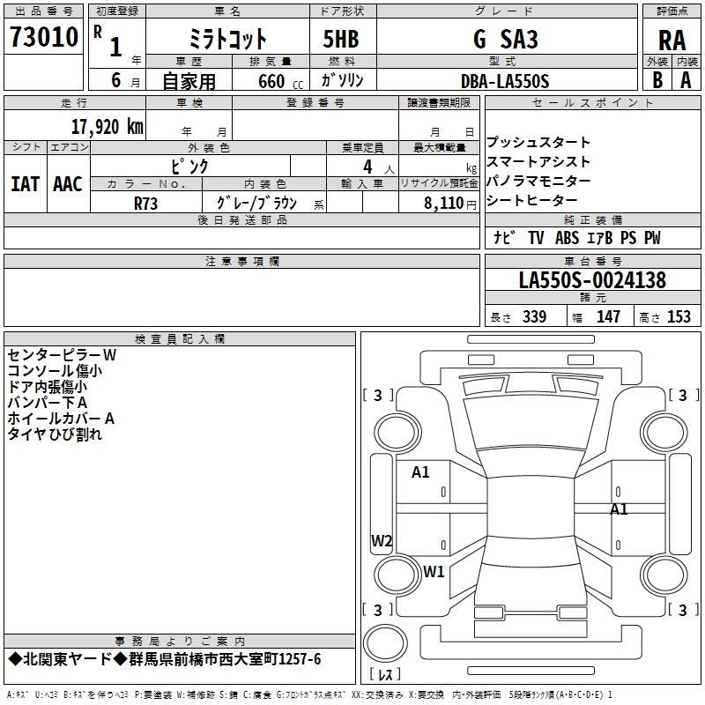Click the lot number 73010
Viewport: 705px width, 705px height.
point(44,37)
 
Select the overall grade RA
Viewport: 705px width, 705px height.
point(672,41)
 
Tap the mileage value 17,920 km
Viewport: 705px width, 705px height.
point(108,126)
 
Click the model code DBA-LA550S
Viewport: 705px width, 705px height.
point(505,81)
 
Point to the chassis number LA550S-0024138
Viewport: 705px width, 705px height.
point(592,279)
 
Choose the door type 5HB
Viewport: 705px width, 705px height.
point(341,39)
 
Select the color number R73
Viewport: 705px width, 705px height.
point(145,204)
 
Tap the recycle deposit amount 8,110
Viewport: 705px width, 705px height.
point(444,203)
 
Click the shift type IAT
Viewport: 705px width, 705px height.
point(25,184)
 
